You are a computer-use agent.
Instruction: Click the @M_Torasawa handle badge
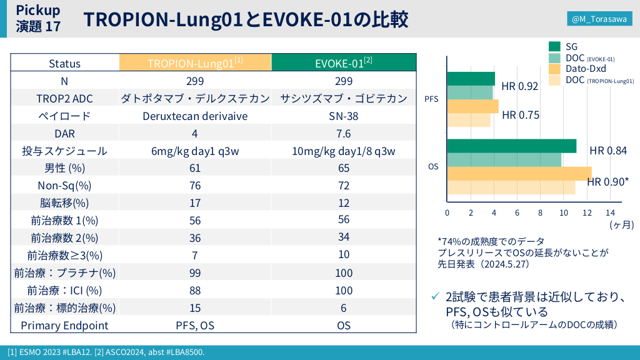(x=599, y=19)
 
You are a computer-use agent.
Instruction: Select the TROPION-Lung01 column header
(x=195, y=63)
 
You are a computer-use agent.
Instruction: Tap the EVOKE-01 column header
(x=343, y=63)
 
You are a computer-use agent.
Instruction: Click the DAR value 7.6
(x=343, y=133)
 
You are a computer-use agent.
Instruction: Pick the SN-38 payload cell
(x=343, y=116)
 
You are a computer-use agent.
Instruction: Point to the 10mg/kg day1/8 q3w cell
(x=343, y=151)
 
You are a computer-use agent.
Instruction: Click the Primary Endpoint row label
(x=64, y=326)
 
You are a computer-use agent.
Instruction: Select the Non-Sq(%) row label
(x=64, y=186)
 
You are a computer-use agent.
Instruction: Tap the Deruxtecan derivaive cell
(x=195, y=116)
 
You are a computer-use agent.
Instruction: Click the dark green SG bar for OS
(x=511, y=146)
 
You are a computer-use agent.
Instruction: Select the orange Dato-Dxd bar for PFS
(x=472, y=106)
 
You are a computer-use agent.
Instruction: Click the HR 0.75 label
(x=520, y=115)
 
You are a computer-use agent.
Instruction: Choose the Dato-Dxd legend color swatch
(x=554, y=68)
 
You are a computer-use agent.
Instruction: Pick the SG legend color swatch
(x=554, y=46)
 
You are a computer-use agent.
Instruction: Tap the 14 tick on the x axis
(x=611, y=212)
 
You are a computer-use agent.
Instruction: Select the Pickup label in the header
(x=38, y=9)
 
